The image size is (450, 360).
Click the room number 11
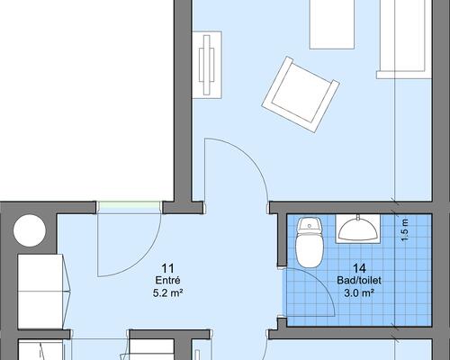[167, 267]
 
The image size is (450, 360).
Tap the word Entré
[167, 280]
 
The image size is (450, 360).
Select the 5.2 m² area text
[167, 292]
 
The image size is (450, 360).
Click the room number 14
[359, 267]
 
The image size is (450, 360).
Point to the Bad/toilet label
[359, 280]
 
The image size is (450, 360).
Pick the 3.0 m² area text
[359, 292]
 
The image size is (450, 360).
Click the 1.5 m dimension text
[405, 230]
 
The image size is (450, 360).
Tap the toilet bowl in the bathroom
[310, 250]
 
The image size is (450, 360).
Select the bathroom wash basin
[357, 229]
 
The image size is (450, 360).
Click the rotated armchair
[301, 94]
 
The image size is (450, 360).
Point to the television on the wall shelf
[207, 65]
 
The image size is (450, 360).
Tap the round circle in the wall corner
[30, 230]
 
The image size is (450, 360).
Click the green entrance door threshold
[129, 205]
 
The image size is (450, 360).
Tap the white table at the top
[332, 24]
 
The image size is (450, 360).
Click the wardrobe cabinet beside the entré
[40, 291]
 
